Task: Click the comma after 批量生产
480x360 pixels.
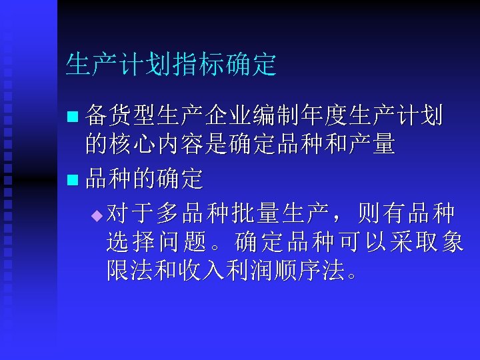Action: pos(333,215)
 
